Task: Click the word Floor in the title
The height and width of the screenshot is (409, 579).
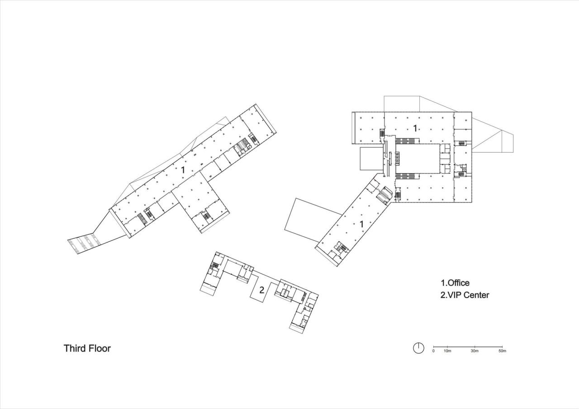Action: [x=99, y=349]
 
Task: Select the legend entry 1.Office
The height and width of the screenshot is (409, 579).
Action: [x=455, y=283]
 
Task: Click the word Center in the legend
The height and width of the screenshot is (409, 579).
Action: [x=477, y=295]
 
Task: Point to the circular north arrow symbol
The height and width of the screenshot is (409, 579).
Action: [x=419, y=348]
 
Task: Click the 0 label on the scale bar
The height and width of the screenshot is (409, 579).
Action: [x=433, y=351]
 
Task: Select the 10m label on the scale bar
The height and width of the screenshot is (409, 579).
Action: [x=447, y=351]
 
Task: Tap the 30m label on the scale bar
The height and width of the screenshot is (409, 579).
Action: [x=475, y=351]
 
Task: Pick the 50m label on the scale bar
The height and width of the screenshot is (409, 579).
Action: [x=502, y=351]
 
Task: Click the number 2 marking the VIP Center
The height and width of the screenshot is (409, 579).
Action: [x=261, y=290]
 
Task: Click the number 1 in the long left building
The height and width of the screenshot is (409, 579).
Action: [x=183, y=170]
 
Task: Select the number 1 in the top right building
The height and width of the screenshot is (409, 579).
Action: [x=415, y=128]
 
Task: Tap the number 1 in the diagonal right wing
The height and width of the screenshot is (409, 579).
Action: [x=361, y=224]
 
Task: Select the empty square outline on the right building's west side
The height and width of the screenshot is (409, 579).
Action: [x=370, y=159]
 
